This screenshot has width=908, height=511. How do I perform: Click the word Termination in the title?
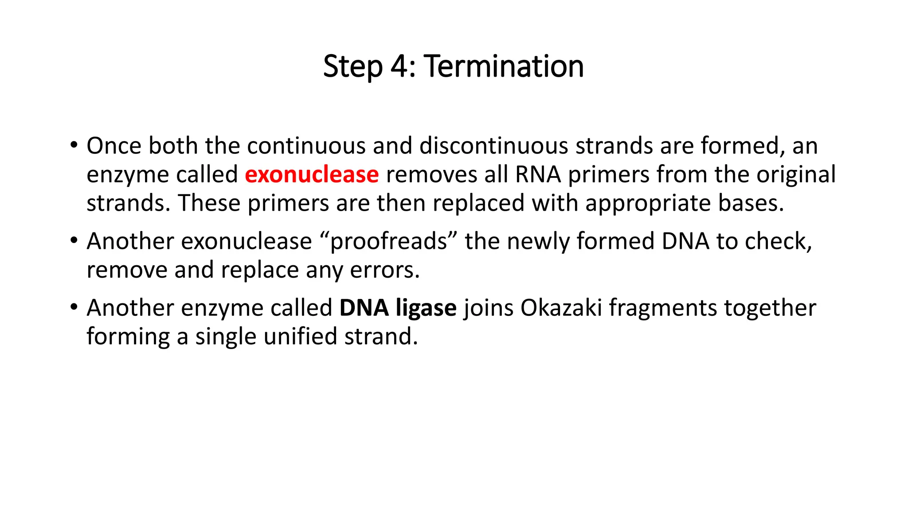504,67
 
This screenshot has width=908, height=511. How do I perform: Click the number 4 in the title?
399,67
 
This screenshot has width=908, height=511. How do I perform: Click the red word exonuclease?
312,174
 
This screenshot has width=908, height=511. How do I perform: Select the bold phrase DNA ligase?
398,308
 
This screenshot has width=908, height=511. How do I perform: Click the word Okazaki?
561,308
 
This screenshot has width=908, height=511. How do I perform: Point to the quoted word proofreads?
388,242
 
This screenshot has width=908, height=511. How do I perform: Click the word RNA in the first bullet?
538,174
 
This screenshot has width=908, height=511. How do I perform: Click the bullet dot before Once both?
74,145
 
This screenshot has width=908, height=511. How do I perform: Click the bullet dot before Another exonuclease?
74,240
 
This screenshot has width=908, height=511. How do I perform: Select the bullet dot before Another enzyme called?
74,307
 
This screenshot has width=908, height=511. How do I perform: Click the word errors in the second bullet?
384,270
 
